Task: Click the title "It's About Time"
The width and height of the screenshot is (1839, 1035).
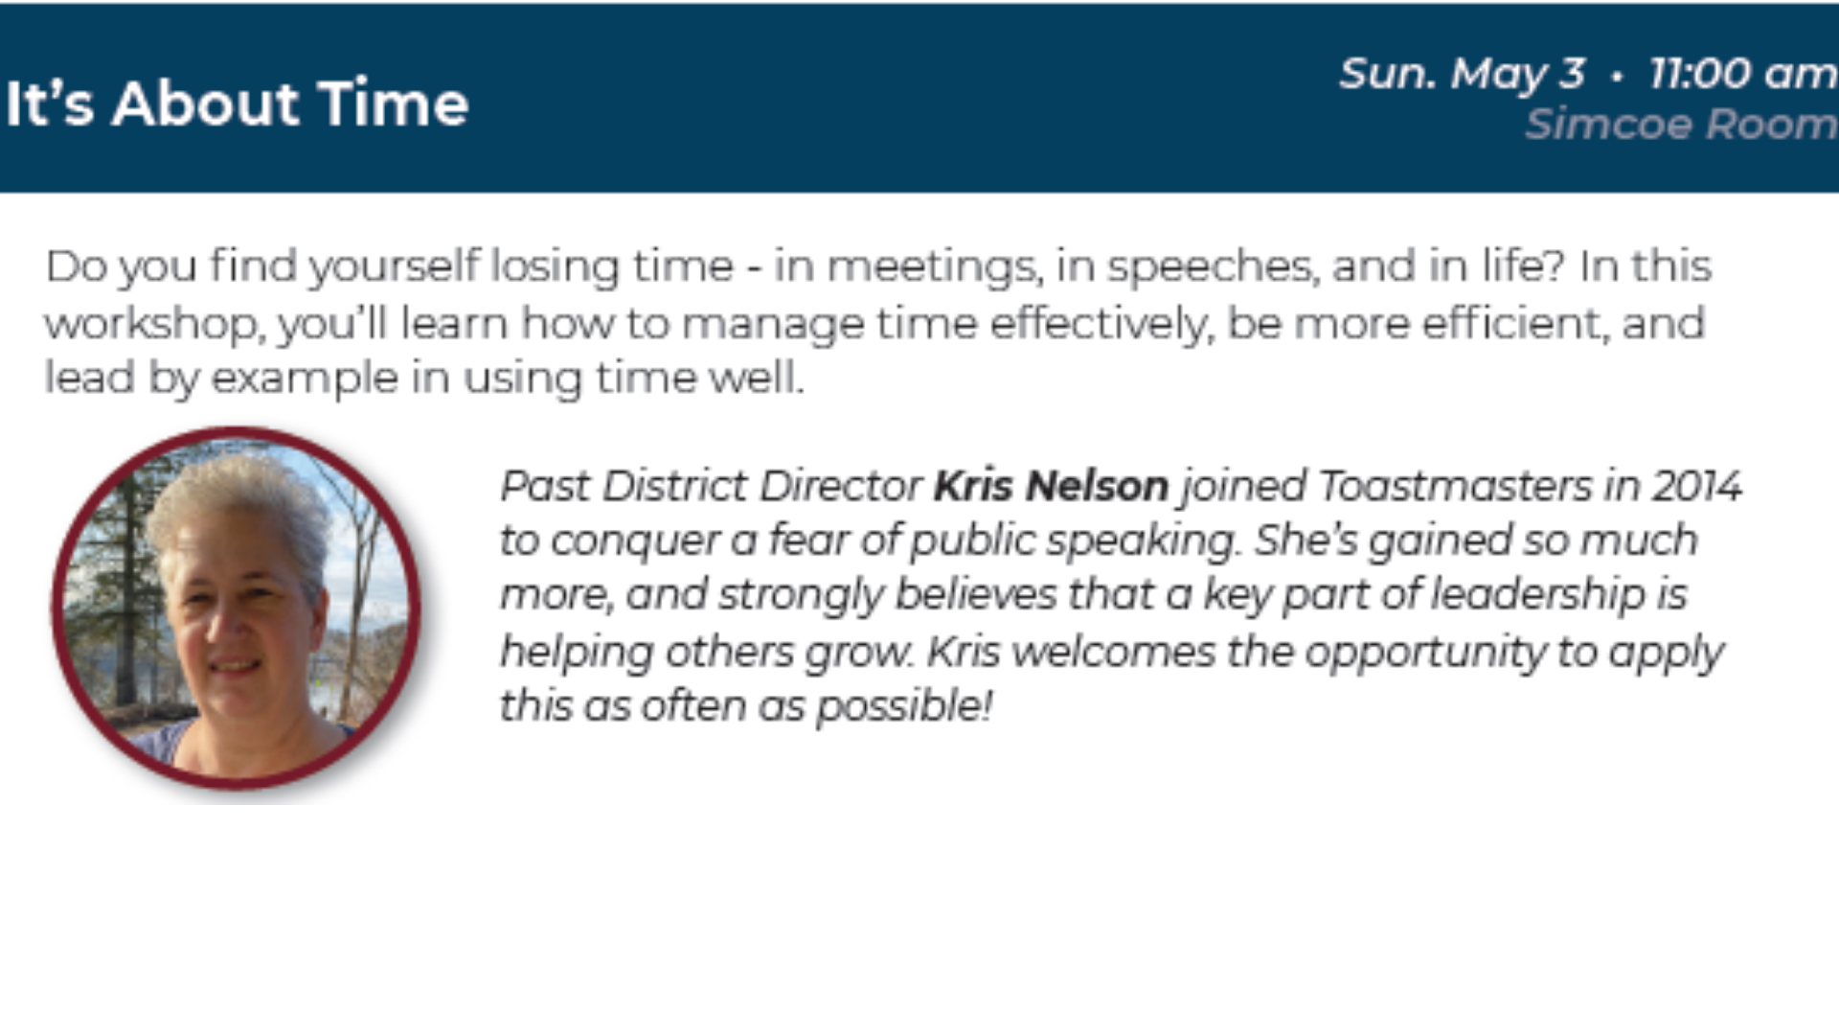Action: click(x=238, y=103)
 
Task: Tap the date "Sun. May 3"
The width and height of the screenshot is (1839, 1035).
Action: click(x=1462, y=74)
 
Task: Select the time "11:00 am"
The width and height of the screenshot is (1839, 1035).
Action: click(x=1741, y=74)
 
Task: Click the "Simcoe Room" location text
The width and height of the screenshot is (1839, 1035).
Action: click(x=1681, y=125)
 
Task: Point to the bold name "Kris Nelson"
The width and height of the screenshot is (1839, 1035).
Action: click(x=1051, y=486)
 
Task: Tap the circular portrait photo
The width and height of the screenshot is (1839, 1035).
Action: click(x=236, y=608)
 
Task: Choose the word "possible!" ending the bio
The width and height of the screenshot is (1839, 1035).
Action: click(x=904, y=707)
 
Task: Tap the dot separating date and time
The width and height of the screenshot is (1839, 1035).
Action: click(x=1618, y=77)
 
